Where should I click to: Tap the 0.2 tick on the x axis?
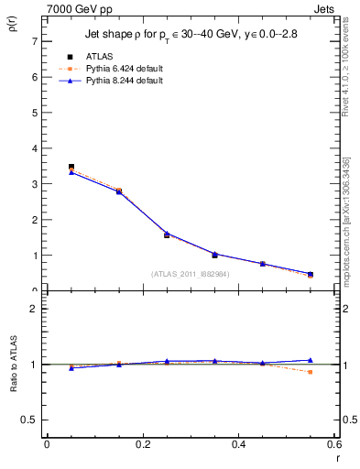pos(142,444)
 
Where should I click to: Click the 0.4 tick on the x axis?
pos(239,444)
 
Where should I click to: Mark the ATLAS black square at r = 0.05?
pos(71,167)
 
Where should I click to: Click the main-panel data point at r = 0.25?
pos(167,234)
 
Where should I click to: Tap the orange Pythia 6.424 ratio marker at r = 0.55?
pos(311,372)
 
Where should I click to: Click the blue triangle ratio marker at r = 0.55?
pos(311,360)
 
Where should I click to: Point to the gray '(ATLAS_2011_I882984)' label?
pos(191,273)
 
